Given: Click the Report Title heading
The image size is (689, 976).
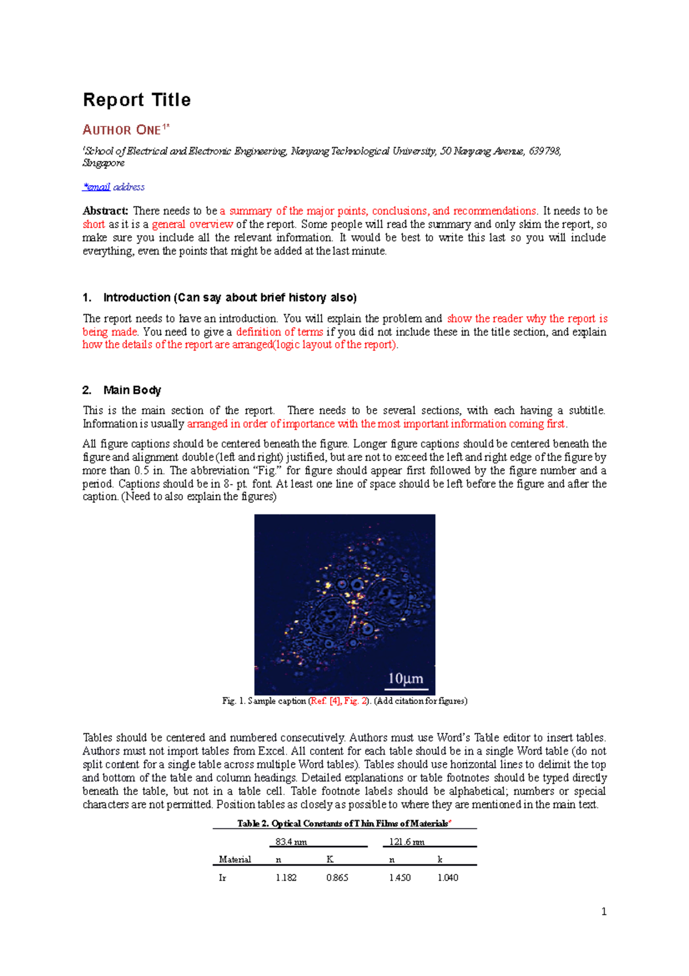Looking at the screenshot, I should click(137, 100).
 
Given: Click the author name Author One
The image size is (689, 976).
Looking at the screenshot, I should click(122, 130).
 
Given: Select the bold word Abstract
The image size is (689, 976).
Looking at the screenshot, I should click(105, 211).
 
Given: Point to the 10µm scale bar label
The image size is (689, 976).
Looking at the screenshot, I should click(406, 678).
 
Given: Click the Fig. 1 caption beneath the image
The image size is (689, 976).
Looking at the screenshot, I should click(344, 701).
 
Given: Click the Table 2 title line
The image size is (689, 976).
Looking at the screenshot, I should click(344, 823).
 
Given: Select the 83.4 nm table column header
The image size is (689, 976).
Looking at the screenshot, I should click(291, 841).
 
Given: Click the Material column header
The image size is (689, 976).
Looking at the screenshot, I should click(235, 859).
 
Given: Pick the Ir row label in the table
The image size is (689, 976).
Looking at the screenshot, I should click(223, 878).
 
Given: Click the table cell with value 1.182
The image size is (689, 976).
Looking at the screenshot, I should click(286, 878).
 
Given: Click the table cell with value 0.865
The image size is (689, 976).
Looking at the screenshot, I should click(337, 878).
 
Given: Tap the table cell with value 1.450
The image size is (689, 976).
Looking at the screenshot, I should click(400, 878).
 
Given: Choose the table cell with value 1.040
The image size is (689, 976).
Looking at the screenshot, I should click(448, 878).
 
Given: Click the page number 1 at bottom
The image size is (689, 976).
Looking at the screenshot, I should click(603, 911).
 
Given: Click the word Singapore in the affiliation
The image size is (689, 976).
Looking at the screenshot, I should click(104, 163).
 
